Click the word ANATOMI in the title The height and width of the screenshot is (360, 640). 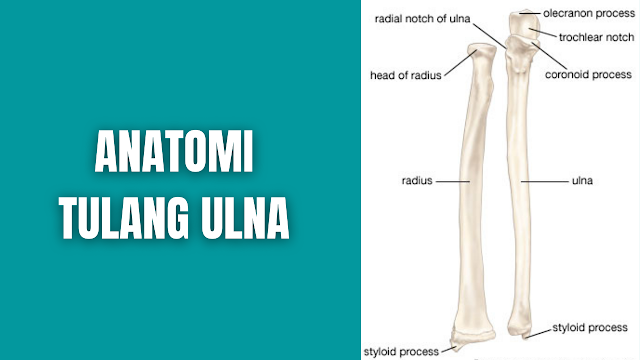[175, 155]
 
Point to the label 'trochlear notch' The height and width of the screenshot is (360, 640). [589, 38]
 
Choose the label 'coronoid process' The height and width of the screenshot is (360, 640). [587, 74]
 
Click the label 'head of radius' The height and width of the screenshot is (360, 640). [405, 74]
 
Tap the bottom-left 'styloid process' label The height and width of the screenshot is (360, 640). [402, 351]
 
